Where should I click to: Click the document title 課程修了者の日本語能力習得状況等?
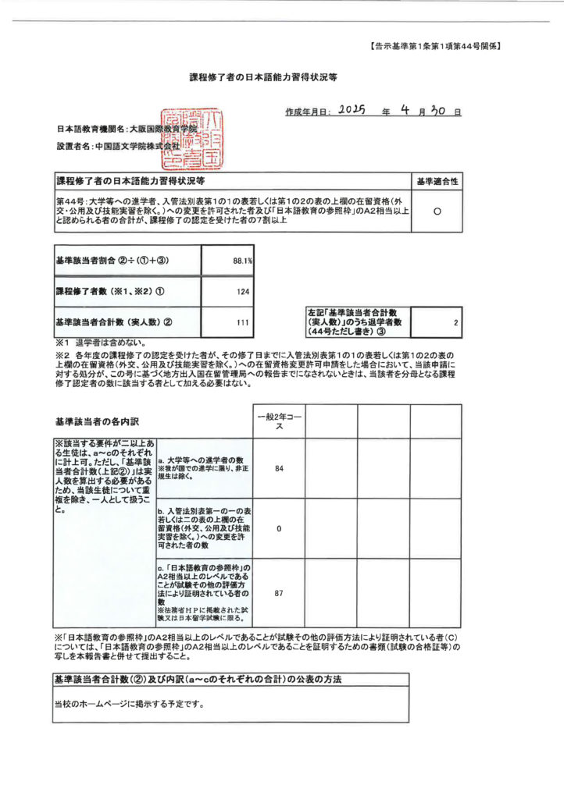tap(264, 78)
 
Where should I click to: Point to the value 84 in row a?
tap(279, 468)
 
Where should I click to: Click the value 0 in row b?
tap(279, 528)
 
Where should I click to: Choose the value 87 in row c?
tap(279, 593)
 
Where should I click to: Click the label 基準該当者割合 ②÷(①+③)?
tap(113, 261)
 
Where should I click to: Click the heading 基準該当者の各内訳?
tap(97, 421)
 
